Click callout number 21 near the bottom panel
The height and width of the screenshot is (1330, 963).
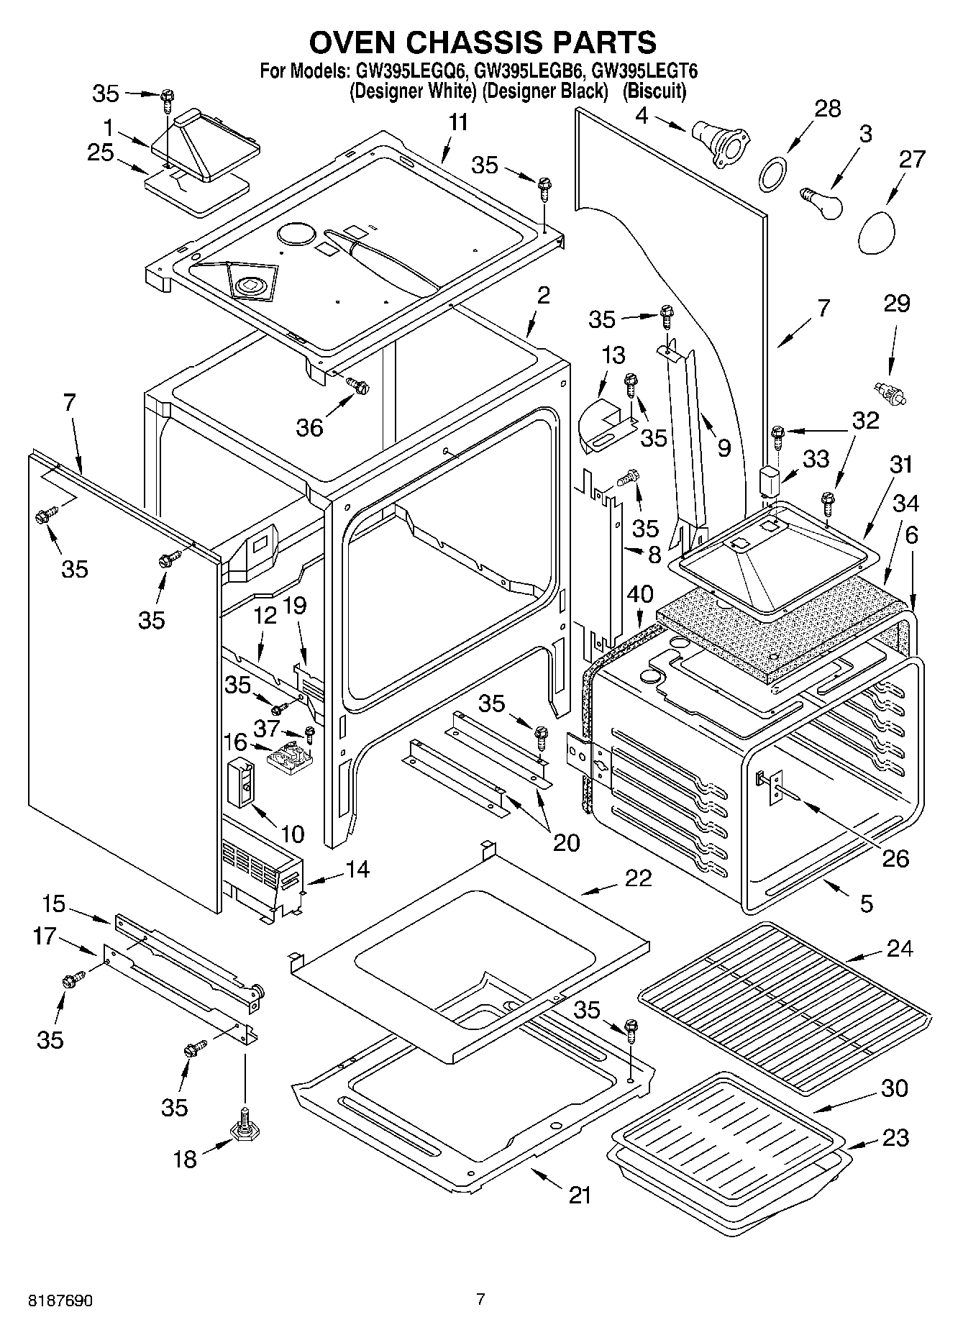pos(580,1195)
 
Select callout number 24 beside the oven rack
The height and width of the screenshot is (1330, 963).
pos(898,949)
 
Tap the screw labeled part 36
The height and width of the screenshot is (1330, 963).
pos(357,386)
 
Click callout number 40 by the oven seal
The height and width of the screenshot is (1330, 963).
pos(639,594)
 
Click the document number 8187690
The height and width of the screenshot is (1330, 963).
pos(61,1302)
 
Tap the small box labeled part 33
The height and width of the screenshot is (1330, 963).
pos(771,480)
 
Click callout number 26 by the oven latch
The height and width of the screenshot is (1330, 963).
pos(895,858)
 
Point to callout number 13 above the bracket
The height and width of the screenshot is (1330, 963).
pos(613,355)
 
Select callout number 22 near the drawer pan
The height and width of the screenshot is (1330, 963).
pos(637,878)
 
